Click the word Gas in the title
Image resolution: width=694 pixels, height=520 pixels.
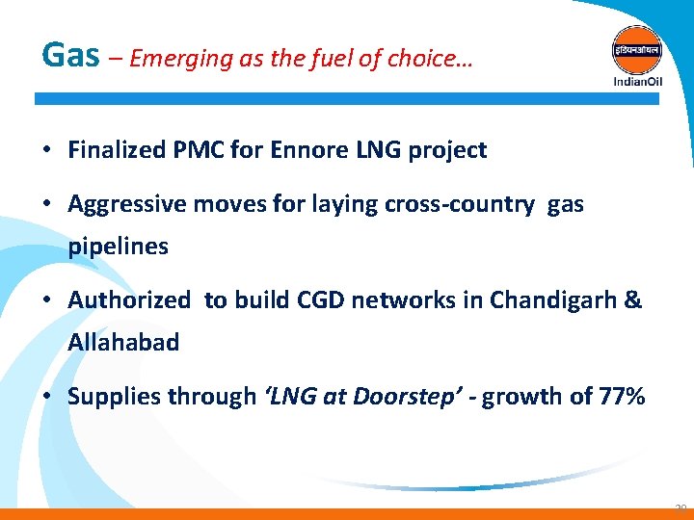pos(70,55)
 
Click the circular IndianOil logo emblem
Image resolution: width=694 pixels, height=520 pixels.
pos(637,47)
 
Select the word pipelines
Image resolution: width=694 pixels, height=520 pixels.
pos(118,247)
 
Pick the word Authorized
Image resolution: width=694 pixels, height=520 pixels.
pos(129,300)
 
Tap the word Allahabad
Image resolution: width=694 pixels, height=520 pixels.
pos(123,343)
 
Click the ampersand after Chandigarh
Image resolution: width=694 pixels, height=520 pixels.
pos(633,300)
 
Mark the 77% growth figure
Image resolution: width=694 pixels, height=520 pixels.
pos(621,397)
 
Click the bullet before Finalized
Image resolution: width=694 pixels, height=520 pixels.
pos(45,151)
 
